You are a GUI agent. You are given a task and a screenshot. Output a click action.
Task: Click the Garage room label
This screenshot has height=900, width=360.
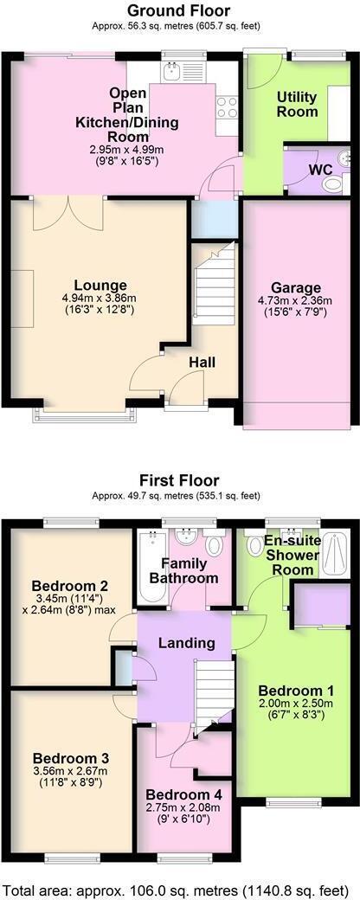[x=296, y=288]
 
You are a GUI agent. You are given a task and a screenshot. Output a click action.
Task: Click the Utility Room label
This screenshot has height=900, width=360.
[x=297, y=104]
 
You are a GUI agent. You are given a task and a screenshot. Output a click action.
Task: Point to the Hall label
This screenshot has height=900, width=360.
[x=202, y=363]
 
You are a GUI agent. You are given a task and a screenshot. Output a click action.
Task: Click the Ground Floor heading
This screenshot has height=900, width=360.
[x=179, y=11]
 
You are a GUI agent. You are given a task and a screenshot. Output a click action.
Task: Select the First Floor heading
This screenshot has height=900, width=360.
[x=179, y=480]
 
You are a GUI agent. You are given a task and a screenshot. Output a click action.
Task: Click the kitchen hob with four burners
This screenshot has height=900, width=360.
[x=227, y=107]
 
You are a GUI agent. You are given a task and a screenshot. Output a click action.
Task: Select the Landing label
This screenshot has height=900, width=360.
[x=186, y=643]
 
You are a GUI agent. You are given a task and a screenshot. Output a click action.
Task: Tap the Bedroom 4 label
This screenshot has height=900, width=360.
[x=184, y=794]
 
